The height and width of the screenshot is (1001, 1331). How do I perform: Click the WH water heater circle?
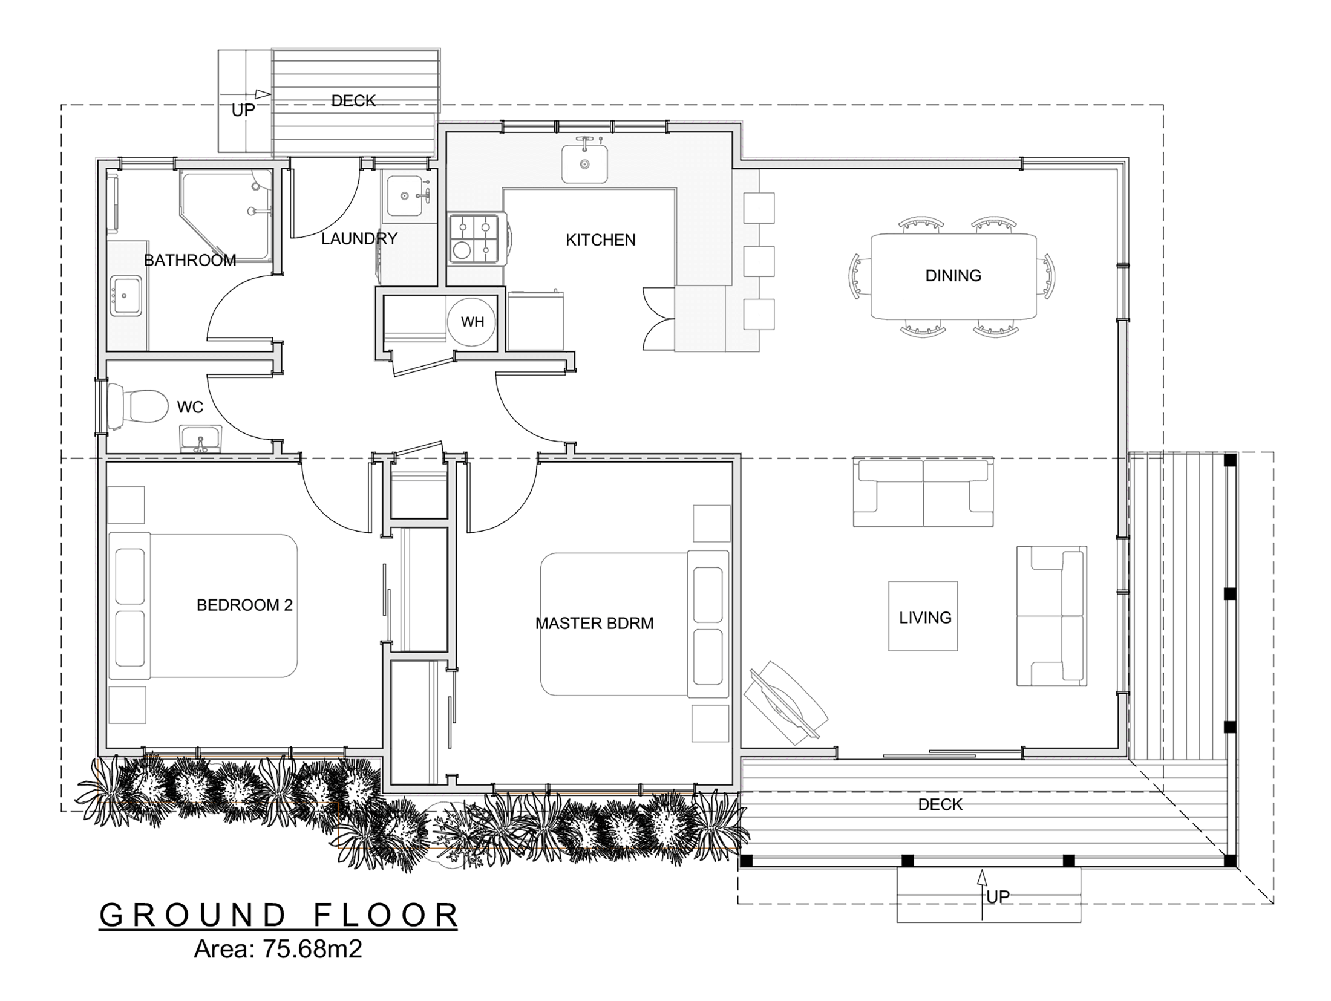click(471, 322)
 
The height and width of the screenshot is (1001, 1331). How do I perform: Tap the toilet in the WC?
click(138, 406)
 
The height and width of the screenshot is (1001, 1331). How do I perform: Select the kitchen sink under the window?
click(584, 160)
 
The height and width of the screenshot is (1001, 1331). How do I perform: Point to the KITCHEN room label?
click(600, 240)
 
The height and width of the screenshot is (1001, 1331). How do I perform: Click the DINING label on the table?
click(953, 276)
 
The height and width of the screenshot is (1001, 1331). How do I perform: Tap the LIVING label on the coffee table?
click(925, 618)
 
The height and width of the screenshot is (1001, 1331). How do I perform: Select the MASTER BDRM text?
click(594, 623)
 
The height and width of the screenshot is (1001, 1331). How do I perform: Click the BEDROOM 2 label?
click(244, 605)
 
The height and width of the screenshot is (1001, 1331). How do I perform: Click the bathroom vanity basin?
click(126, 296)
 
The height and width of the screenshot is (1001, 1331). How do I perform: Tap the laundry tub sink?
click(405, 195)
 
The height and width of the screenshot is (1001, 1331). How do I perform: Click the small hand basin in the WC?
click(201, 438)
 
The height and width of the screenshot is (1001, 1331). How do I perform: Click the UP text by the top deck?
click(243, 110)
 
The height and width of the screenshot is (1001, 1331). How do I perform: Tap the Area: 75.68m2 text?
click(278, 949)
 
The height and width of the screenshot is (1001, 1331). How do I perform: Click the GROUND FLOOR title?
click(278, 915)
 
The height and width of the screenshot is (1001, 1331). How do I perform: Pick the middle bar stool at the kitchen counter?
click(759, 261)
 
